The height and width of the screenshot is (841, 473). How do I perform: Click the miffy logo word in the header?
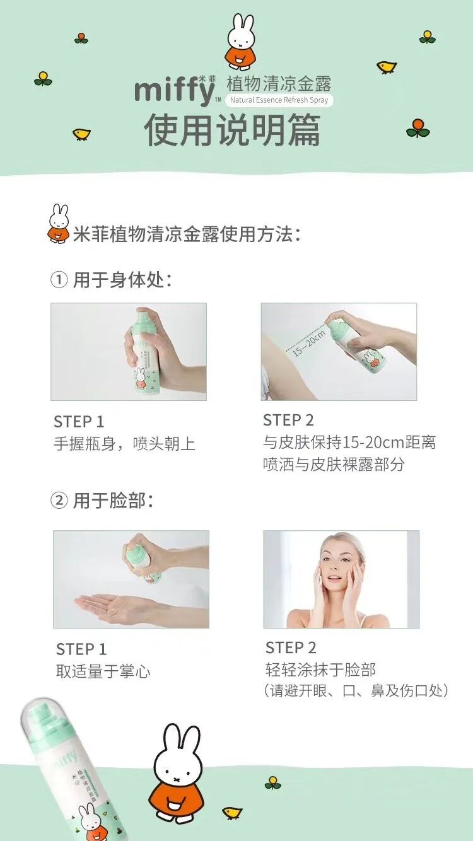175,91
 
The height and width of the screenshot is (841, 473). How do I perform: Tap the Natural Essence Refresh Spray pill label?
279,100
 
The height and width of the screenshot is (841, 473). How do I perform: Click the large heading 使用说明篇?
232,130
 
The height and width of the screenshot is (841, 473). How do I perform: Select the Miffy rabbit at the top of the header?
242,42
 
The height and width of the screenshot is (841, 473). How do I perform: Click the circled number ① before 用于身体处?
59,281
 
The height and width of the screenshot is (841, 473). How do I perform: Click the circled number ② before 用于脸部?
59,501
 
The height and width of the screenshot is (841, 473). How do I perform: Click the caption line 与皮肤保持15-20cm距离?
349,443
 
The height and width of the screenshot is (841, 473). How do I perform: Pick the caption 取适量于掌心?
103,671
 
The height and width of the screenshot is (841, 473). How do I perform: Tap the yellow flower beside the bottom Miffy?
272,782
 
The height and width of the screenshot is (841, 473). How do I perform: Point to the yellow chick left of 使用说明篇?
81,134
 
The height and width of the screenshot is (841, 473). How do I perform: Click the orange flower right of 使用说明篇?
418,127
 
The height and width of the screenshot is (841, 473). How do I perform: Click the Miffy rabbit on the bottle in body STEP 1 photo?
140,378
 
